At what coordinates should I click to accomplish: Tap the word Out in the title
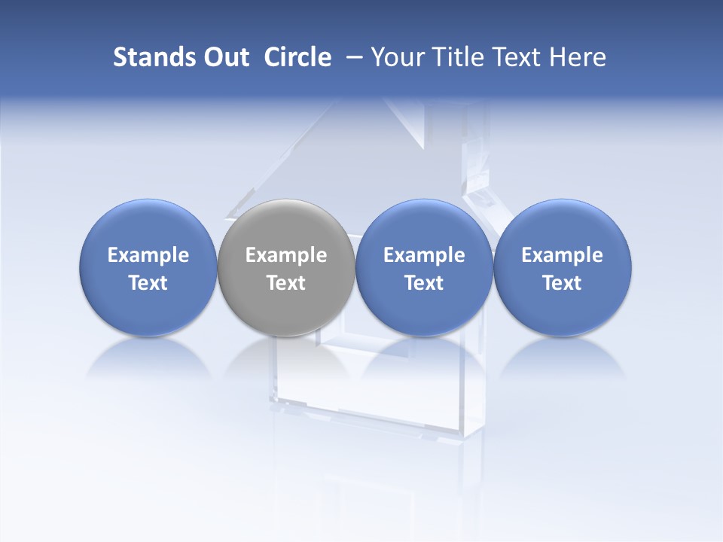(225, 57)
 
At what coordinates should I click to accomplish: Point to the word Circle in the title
(297, 57)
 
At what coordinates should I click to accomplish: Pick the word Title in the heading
(459, 57)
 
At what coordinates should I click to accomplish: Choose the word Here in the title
(580, 57)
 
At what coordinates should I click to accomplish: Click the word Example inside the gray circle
(286, 255)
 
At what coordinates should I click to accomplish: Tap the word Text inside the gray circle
(286, 283)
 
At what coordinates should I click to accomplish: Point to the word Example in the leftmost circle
(148, 255)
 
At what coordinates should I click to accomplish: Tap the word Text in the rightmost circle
(563, 283)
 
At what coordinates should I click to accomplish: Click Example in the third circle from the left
(424, 255)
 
